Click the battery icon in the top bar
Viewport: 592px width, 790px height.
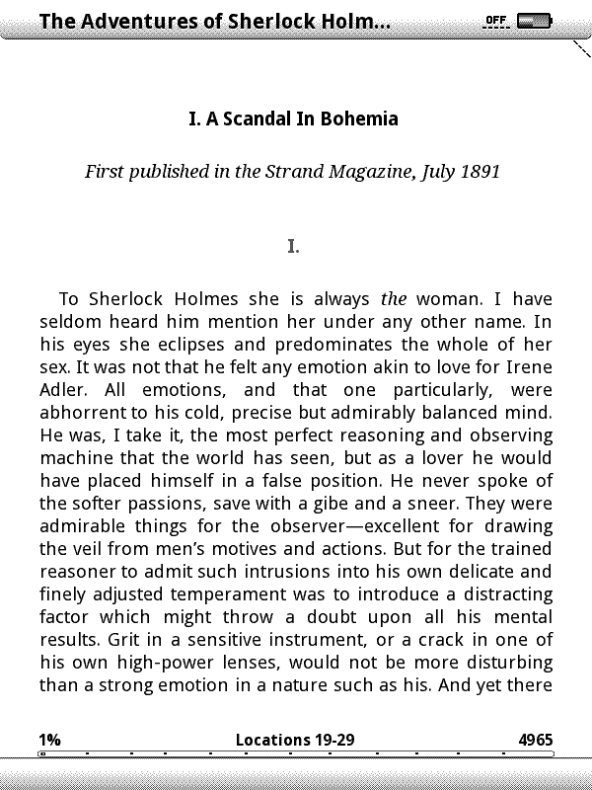point(534,20)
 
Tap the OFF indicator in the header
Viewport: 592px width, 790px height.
point(495,20)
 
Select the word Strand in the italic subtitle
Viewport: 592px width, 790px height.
point(291,171)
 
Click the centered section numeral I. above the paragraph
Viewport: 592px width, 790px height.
point(293,246)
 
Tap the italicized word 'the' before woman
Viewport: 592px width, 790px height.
point(394,298)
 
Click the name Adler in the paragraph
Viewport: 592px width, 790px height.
point(63,389)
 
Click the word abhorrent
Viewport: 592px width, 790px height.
point(82,412)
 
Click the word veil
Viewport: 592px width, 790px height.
point(94,548)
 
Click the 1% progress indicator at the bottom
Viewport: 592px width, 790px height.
point(49,740)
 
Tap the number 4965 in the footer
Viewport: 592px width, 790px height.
point(535,740)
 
